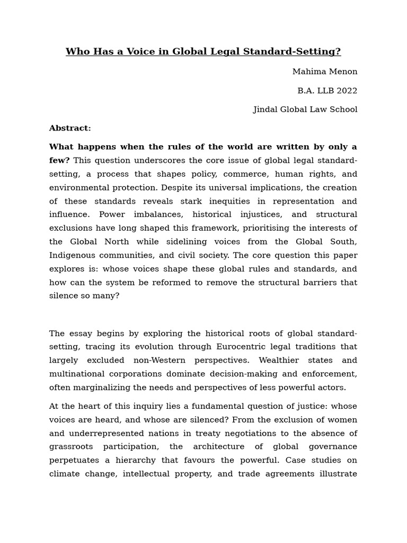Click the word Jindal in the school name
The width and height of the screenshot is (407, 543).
[x=266, y=110]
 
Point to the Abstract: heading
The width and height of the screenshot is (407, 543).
[x=70, y=128]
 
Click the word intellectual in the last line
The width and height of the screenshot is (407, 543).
[x=149, y=474]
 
